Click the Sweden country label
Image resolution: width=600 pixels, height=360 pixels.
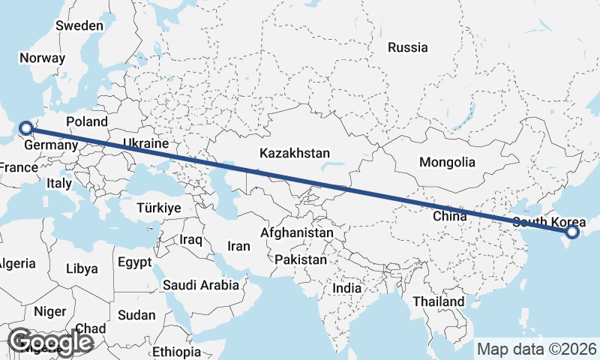(x=79, y=25)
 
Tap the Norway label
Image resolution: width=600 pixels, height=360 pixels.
(x=43, y=58)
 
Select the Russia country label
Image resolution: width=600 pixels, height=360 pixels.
(x=407, y=47)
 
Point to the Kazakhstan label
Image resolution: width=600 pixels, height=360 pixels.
(x=295, y=153)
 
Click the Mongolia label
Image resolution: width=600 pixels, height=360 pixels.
(x=447, y=162)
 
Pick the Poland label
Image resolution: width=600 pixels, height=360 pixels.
(x=87, y=121)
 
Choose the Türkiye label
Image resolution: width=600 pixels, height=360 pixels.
(x=159, y=208)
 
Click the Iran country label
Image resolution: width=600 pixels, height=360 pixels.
(x=238, y=246)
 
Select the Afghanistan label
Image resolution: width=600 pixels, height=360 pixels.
(x=296, y=233)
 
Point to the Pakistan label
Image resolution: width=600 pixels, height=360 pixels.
(x=301, y=259)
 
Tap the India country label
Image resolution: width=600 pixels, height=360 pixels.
(x=346, y=288)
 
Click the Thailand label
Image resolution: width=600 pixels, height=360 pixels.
(x=439, y=301)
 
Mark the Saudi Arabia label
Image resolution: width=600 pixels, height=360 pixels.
(x=201, y=285)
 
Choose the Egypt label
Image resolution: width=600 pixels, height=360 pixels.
(x=134, y=262)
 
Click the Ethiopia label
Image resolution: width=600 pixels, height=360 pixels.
(x=176, y=351)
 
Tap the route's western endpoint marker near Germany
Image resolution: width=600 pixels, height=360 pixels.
(x=25, y=129)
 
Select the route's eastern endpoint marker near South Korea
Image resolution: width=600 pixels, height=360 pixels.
(x=572, y=232)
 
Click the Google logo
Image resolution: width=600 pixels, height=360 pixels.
(x=50, y=342)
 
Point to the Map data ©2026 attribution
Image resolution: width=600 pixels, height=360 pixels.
(x=537, y=349)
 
